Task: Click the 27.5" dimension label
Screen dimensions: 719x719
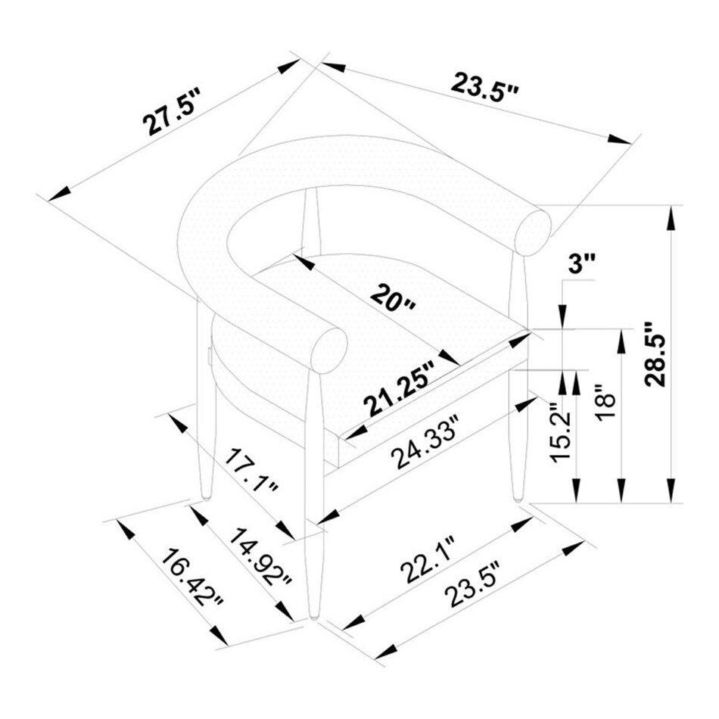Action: [x=172, y=112]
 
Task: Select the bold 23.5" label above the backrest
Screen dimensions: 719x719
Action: [x=484, y=88]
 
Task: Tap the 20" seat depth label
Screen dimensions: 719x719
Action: [x=393, y=297]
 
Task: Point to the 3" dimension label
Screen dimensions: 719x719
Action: [x=581, y=265]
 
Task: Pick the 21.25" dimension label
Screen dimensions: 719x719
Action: [x=398, y=388]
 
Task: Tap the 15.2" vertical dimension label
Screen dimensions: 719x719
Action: [x=561, y=433]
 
